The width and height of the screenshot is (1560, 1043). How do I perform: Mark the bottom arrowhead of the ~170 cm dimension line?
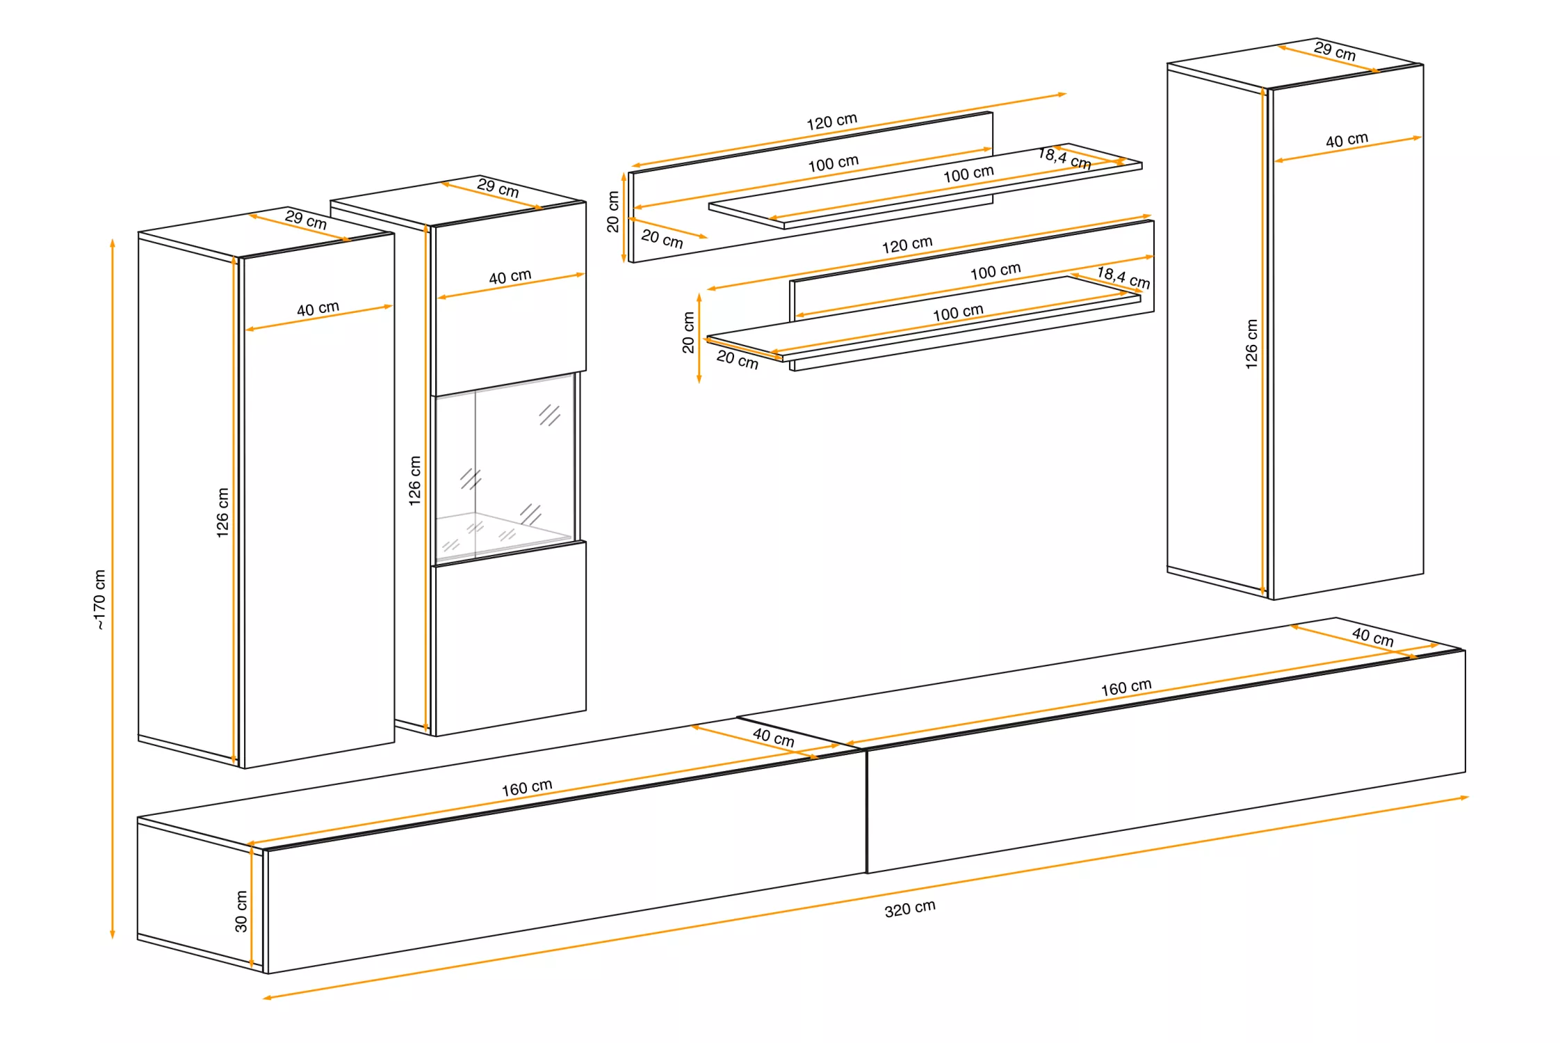tap(113, 936)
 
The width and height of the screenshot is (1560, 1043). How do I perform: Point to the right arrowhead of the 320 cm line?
tap(1465, 798)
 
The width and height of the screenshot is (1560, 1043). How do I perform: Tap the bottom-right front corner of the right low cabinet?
tap(1465, 772)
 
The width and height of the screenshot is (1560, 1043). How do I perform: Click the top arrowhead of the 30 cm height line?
tap(252, 850)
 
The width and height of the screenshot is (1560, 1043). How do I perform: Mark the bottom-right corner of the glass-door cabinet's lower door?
tap(586, 710)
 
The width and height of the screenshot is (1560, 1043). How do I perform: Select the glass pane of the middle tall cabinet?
tap(505, 467)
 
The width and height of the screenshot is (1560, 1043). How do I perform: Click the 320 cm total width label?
tap(910, 909)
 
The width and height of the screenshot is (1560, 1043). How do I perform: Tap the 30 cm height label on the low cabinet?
tap(241, 912)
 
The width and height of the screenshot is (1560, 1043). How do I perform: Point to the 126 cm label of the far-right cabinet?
tap(1251, 344)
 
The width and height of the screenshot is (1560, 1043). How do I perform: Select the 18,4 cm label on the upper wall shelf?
tap(1064, 158)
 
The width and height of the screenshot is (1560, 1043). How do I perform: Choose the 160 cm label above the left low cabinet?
tap(527, 787)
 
